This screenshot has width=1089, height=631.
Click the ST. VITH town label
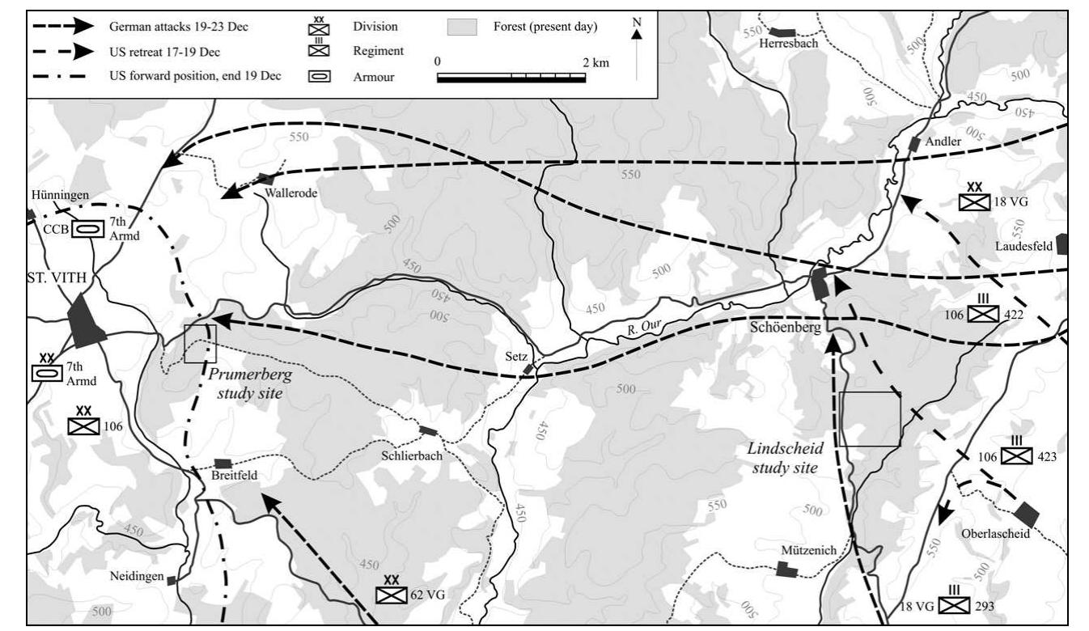tap(55, 279)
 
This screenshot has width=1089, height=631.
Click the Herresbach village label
tap(789, 44)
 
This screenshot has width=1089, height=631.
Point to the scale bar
tap(511, 78)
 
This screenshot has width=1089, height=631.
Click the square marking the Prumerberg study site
tap(200, 343)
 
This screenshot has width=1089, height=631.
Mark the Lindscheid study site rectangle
tap(869, 419)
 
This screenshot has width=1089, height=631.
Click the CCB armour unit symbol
tap(87, 229)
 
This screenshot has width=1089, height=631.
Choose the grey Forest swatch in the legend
tap(464, 28)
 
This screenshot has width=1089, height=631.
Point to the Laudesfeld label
tap(1026, 245)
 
